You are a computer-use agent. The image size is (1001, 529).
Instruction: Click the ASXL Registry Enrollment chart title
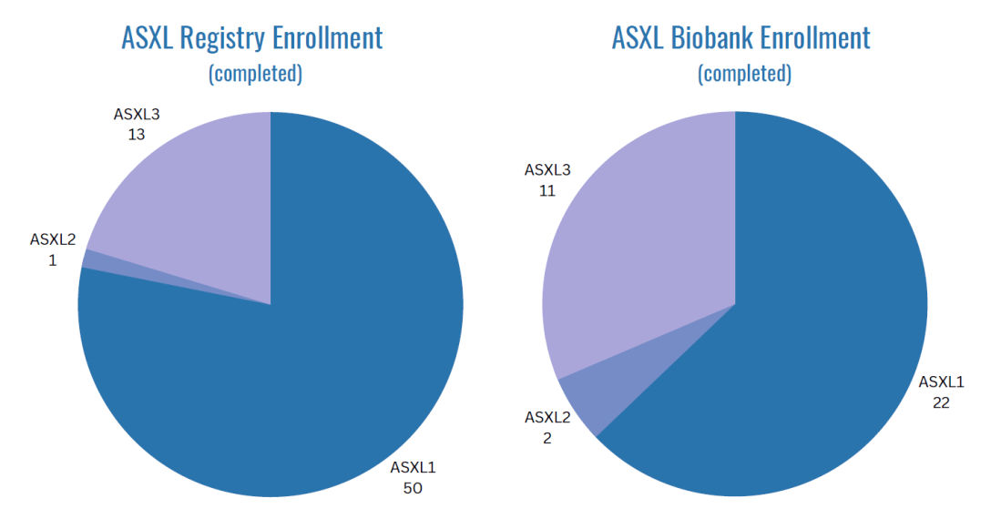pos(251,38)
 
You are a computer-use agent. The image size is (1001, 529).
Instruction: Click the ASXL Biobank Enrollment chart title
pos(741,38)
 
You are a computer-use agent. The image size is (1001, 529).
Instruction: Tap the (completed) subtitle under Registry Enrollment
pos(255,74)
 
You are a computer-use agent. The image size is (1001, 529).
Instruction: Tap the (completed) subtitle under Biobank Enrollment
pos(744,74)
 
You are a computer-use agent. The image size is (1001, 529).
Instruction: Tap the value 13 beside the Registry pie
pos(137,134)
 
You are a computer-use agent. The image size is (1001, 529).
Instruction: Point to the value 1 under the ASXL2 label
pos(53,259)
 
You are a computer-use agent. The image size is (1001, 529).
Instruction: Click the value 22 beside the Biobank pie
pos(941,402)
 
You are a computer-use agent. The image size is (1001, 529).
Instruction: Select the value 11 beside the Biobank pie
pos(546,190)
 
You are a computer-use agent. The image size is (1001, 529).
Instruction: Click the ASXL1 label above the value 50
pos(414,468)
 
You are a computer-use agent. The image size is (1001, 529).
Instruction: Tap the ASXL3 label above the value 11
pos(547,170)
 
